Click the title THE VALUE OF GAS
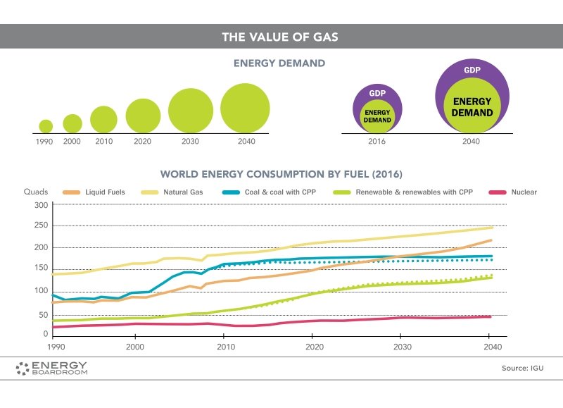pyautogui.click(x=280, y=37)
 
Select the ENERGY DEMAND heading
pyautogui.click(x=279, y=63)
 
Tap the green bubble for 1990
pyautogui.click(x=46, y=126)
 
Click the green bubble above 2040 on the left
pyautogui.click(x=245, y=109)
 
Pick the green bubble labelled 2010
pyautogui.click(x=103, y=119)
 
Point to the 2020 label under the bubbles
pyautogui.click(x=143, y=141)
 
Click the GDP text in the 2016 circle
pyautogui.click(x=377, y=94)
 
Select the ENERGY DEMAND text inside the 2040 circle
pyautogui.click(x=472, y=107)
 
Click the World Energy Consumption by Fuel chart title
pyautogui.click(x=281, y=173)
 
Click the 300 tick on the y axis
pyautogui.click(x=41, y=205)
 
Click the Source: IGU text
pyautogui.click(x=522, y=368)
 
